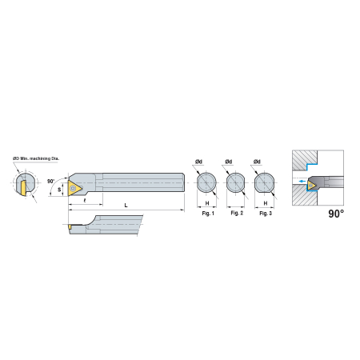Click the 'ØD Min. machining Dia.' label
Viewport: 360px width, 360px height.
pos(36,158)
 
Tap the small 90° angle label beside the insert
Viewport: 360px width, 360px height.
pos(50,182)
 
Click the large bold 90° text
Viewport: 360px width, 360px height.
pos(336,214)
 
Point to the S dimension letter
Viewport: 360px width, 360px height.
pos(59,190)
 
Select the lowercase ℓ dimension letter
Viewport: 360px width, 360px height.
pos(85,200)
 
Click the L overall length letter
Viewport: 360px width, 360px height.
pos(126,206)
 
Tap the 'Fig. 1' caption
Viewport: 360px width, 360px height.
pos(208,214)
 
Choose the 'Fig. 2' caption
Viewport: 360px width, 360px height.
pos(237,213)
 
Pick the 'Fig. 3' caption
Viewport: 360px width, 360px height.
pos(266,214)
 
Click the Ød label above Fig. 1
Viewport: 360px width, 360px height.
pos(198,162)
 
